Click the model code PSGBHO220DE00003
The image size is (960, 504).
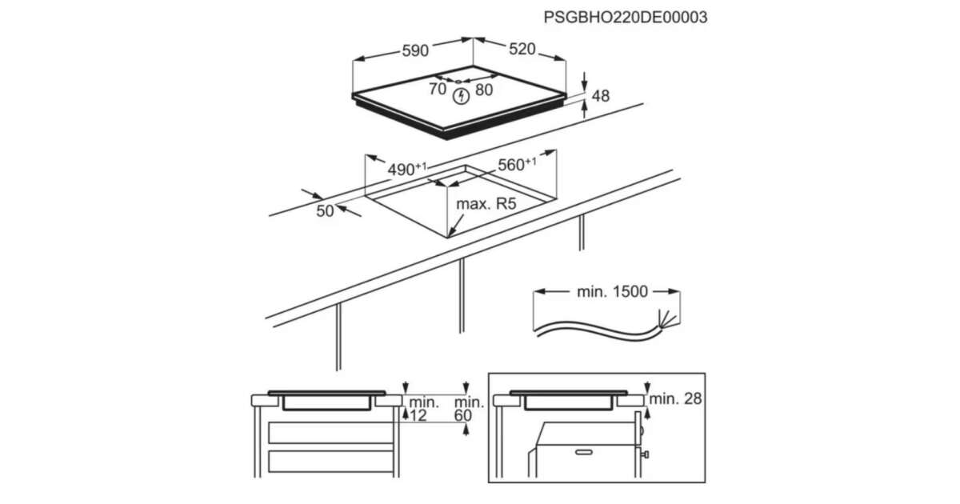coord(626,17)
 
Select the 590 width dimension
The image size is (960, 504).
coord(415,51)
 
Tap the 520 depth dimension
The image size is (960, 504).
coord(522,50)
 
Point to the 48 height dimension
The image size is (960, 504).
coord(600,96)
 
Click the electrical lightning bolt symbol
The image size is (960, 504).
coord(461,96)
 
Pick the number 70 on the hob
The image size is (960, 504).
coord(438,89)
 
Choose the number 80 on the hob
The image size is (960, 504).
coord(484,90)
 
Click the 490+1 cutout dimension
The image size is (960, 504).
coord(407,170)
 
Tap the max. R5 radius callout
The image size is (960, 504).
coord(486,203)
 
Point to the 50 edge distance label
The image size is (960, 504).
coord(325,211)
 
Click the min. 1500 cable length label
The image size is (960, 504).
coord(612,291)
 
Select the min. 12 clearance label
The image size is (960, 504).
coord(422,409)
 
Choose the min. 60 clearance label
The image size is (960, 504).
coord(469,409)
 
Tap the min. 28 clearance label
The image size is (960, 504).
coord(675,399)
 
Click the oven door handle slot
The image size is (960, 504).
coord(584,452)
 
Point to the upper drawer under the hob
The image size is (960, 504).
coord(331,433)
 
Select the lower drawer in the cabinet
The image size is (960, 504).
coord(331,462)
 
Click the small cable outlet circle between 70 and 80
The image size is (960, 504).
coord(458,82)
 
